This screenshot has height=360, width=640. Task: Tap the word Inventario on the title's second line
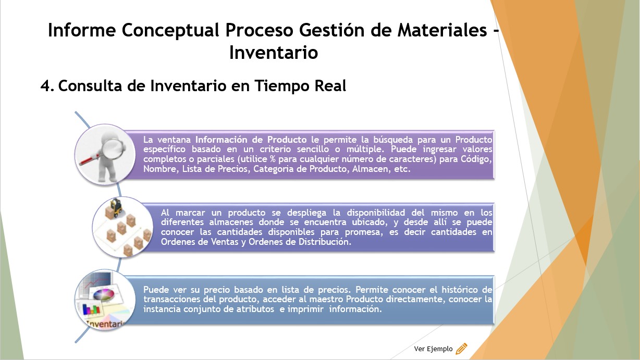coord(274,53)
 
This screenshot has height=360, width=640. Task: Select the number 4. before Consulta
coord(47,86)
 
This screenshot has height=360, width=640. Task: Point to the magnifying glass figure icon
coord(105,155)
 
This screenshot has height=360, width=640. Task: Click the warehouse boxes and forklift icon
coord(122,227)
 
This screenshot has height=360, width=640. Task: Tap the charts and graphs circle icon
coord(105,300)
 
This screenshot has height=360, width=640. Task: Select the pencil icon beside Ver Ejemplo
coord(461,349)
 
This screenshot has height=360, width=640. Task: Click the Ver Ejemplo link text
coord(433,349)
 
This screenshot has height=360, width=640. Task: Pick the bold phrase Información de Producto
coord(251,140)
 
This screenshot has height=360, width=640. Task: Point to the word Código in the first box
coord(476,159)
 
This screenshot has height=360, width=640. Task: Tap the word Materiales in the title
coord(442,30)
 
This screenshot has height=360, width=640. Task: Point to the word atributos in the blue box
coord(255,309)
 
